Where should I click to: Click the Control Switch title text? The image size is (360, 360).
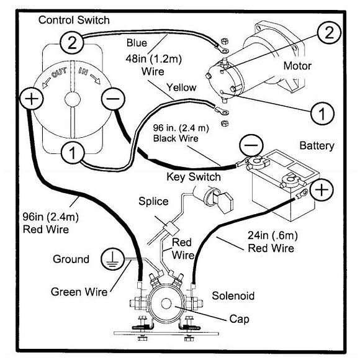(74, 20)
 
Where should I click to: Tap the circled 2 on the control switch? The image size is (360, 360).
(71, 43)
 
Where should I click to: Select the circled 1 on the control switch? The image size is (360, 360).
(73, 153)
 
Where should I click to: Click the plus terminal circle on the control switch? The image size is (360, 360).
(32, 99)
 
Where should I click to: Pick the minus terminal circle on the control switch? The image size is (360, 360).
(113, 99)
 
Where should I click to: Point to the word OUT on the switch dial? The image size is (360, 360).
(59, 73)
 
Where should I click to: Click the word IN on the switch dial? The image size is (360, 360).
(83, 71)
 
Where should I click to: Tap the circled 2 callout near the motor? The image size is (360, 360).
(329, 32)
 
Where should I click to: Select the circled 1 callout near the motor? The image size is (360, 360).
(322, 114)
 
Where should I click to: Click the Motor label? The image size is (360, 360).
(297, 66)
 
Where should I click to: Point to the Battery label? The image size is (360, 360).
(317, 146)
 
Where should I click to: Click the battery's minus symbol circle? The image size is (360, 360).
(251, 145)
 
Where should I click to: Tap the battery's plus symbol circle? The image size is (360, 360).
(322, 190)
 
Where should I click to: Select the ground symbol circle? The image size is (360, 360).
(112, 259)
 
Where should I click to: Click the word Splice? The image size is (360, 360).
(153, 201)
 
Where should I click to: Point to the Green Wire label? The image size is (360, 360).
(79, 292)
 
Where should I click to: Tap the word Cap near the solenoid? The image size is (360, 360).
(239, 319)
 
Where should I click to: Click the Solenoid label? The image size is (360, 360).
(233, 295)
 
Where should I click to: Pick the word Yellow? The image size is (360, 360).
(181, 88)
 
